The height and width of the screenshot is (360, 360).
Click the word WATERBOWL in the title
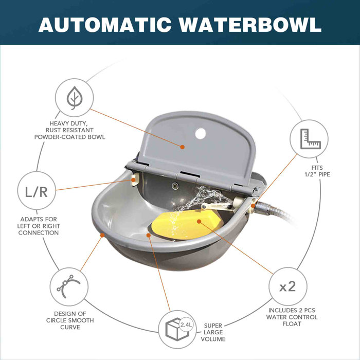click(250, 24)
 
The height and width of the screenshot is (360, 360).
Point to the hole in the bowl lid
click(200, 134)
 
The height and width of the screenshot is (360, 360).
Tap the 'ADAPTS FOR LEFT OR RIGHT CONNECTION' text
click(39, 226)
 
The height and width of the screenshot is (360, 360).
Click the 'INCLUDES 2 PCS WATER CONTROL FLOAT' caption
click(292, 317)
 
